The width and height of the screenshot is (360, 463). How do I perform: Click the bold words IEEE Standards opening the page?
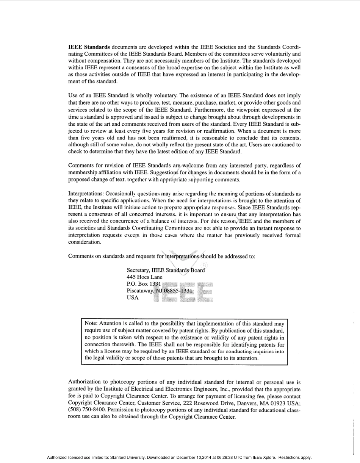pos(89,47)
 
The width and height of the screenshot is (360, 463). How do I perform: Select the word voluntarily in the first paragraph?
pos(277,53)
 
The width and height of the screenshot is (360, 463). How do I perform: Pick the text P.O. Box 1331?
pos(144,284)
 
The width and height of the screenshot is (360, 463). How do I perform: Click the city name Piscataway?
pos(139,291)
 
